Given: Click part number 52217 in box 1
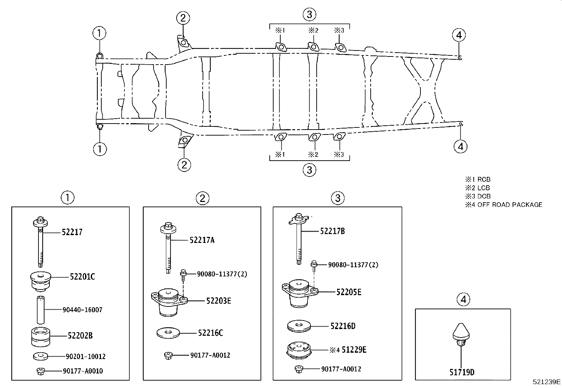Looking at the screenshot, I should [x=72, y=232].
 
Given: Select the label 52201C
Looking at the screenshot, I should [x=82, y=277].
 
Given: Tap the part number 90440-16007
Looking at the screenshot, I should [x=82, y=310].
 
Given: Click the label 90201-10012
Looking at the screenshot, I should [x=85, y=357].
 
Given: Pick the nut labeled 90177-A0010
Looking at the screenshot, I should [x=40, y=371].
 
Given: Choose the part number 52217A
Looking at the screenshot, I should [x=202, y=240].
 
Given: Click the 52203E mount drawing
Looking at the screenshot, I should [x=169, y=302].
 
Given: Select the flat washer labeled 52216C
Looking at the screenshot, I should [x=168, y=332].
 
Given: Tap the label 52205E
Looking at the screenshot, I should [x=349, y=292].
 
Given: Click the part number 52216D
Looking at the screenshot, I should [x=343, y=326].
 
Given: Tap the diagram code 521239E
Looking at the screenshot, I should [x=546, y=382].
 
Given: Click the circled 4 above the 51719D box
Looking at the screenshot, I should [x=463, y=300].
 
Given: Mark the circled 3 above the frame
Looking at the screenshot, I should [x=309, y=14].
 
